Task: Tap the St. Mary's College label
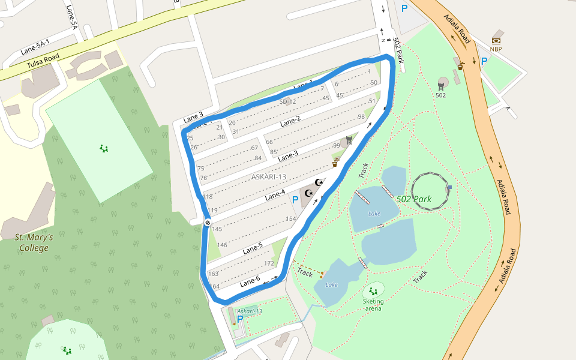coord(34,242)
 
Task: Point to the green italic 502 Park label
coord(413,199)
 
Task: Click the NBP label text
coord(496,49)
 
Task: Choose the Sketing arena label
coord(373,305)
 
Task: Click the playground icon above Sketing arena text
coord(373,292)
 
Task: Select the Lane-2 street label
coord(290,121)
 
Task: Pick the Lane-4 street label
coord(275,195)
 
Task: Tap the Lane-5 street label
coord(253,247)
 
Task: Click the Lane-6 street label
coord(250,282)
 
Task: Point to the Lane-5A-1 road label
coord(35,46)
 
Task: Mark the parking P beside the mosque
coord(295,199)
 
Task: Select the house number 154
coord(291,219)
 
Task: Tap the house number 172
coord(269,264)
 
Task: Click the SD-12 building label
coord(287,101)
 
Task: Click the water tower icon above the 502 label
coord(443,82)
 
